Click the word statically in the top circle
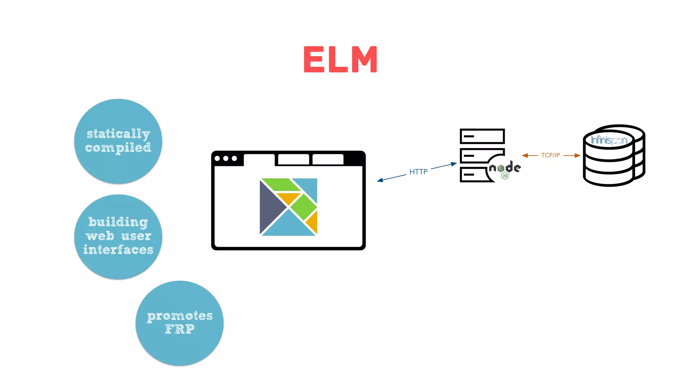(118, 134)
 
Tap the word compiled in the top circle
(118, 148)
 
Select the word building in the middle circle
(118, 222)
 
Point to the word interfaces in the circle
(118, 249)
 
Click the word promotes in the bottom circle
(180, 316)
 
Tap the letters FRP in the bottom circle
(180, 329)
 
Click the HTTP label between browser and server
(418, 172)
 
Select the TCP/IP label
(550, 155)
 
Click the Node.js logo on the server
(505, 169)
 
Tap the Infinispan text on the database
(609, 140)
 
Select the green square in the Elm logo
(303, 207)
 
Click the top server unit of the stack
(482, 136)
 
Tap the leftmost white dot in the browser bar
(217, 159)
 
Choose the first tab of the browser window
(259, 159)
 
